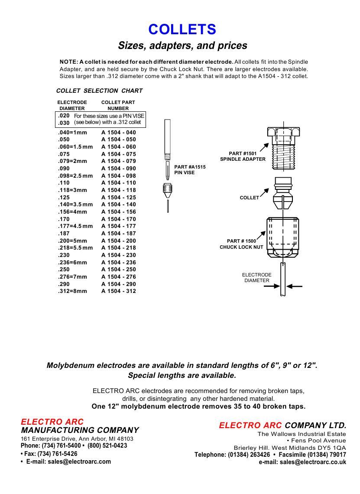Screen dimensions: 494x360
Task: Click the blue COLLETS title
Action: click(x=182, y=29)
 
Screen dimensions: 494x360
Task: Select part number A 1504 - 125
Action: click(x=119, y=198)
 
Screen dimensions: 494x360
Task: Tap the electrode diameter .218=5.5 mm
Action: click(x=75, y=248)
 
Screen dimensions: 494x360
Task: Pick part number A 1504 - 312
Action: click(x=119, y=291)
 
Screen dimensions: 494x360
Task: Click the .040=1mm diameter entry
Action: click(x=72, y=133)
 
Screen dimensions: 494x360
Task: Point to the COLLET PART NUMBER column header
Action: click(x=118, y=105)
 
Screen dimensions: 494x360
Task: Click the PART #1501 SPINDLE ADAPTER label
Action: click(x=243, y=156)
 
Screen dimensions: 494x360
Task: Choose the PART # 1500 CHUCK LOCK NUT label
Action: click(x=241, y=244)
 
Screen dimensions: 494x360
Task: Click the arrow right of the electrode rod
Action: click(x=295, y=286)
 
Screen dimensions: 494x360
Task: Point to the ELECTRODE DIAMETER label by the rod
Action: click(x=256, y=278)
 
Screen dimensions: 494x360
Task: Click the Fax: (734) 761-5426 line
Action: click(x=50, y=454)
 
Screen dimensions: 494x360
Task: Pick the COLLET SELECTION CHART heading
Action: click(x=99, y=91)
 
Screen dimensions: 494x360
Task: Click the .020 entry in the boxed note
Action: click(x=64, y=116)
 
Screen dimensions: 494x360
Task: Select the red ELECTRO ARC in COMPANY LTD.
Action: click(x=250, y=426)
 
